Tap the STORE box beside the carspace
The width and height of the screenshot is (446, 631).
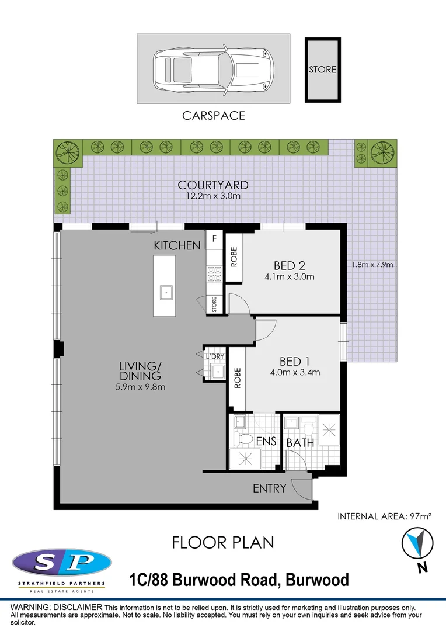323,70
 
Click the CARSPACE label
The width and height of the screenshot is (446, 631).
214,116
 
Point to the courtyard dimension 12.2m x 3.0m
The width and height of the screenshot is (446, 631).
213,196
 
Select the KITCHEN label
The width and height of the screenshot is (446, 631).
177,245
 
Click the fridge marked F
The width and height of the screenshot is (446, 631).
214,238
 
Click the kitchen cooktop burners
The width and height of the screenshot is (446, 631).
214,274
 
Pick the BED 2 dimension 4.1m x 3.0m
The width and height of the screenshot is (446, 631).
290,276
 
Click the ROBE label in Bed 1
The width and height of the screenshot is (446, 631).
238,378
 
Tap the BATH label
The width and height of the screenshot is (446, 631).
300,443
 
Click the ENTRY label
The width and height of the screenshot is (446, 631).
269,488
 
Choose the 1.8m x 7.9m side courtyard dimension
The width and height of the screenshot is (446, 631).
372,265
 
